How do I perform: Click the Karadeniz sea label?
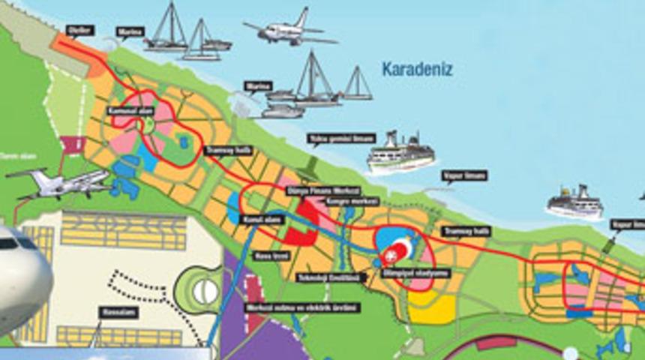418,70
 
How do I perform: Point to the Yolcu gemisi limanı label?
331,139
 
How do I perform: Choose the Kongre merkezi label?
349,202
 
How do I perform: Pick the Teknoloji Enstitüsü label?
329,277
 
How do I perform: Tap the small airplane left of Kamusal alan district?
60,182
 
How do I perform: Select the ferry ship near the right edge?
574,203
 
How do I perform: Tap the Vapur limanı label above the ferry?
463,175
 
